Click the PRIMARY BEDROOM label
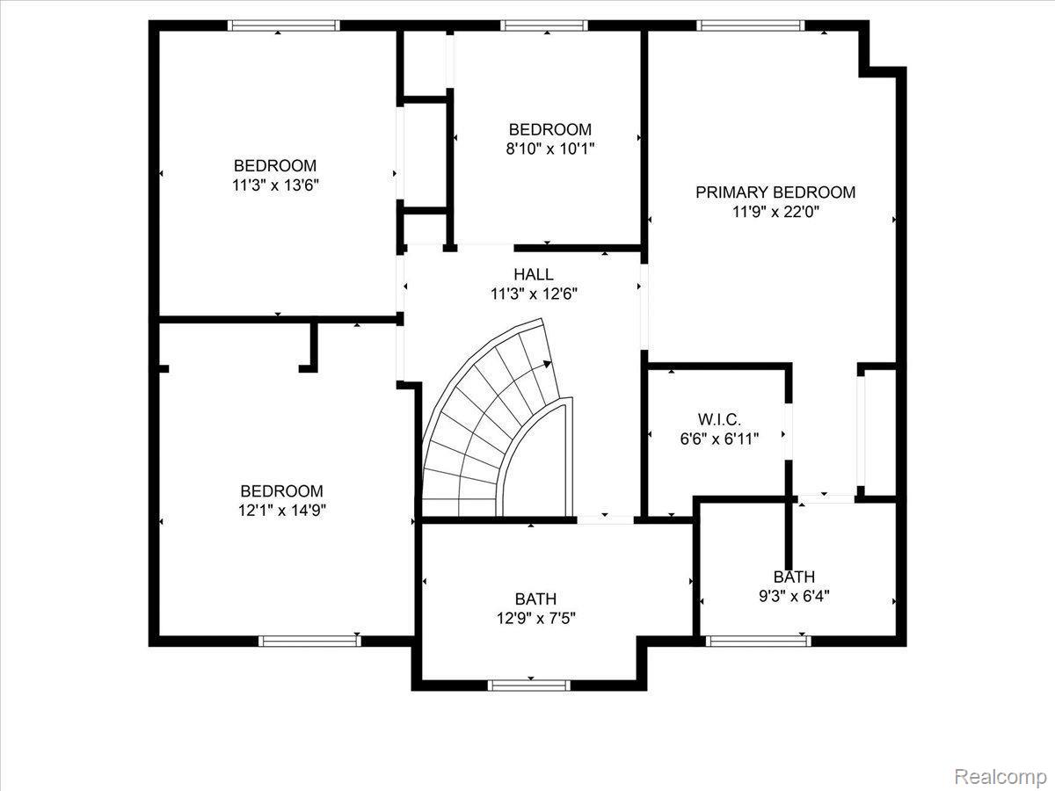(775, 192)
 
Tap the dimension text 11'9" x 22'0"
(775, 212)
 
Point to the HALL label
(534, 275)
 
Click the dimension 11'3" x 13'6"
(274, 185)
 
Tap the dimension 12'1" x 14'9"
(281, 511)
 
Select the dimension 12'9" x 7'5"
(536, 618)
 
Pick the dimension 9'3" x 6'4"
(794, 596)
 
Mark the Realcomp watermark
(1000, 776)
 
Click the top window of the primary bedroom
(751, 25)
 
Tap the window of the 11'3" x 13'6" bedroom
(283, 25)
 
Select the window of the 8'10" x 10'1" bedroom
(545, 25)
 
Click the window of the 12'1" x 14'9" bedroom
(310, 641)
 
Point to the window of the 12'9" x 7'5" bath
(523, 685)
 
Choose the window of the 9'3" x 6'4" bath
(759, 641)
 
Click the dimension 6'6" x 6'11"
(719, 438)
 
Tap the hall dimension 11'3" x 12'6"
(534, 294)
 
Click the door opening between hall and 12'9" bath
(605, 519)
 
